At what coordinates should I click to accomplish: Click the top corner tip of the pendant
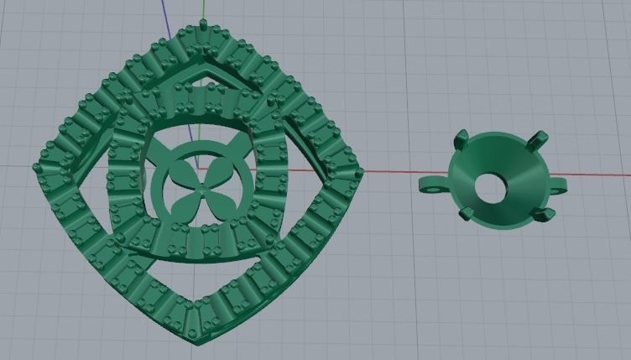(x=202, y=23)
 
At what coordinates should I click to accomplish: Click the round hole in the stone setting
(x=488, y=187)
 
